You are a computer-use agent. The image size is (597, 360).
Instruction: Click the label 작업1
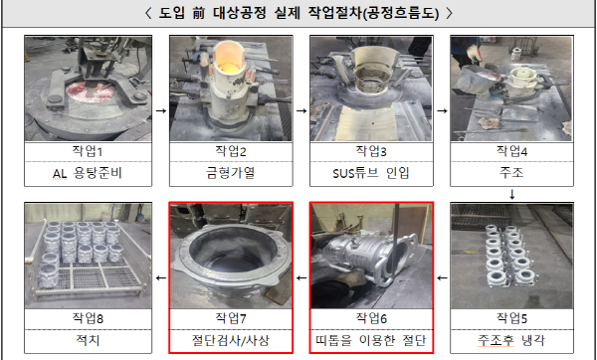pos(88,151)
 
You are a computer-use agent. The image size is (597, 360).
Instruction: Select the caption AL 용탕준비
pos(88,173)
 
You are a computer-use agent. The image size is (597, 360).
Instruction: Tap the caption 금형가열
pos(231,173)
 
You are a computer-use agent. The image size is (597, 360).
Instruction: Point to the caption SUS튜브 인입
pos(371,173)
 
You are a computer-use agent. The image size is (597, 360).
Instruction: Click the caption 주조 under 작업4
pos(511,173)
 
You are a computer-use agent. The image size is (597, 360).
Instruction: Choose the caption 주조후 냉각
pos(511,340)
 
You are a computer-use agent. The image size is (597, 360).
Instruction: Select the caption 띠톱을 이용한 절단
pos(371,340)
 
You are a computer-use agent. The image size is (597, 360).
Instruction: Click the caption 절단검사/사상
pos(231,340)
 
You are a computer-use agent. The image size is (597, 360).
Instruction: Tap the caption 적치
pos(88,340)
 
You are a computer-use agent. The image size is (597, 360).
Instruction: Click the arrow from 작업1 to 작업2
pos(161,110)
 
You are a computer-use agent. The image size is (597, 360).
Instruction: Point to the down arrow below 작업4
pos(512,195)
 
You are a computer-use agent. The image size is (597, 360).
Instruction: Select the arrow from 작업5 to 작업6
pos(442,277)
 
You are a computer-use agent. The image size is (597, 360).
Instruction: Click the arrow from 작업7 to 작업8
pos(161,277)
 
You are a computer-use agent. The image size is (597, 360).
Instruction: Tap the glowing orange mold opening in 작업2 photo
pos(229,58)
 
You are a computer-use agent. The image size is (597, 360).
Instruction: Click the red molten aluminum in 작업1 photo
pos(90,92)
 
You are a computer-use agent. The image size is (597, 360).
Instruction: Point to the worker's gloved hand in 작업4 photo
pos(474,54)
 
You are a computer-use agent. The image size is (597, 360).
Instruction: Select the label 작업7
pos(231,318)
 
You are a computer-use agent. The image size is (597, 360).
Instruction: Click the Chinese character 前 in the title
pos(198,13)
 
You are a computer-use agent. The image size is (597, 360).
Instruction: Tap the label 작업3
pos(371,151)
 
